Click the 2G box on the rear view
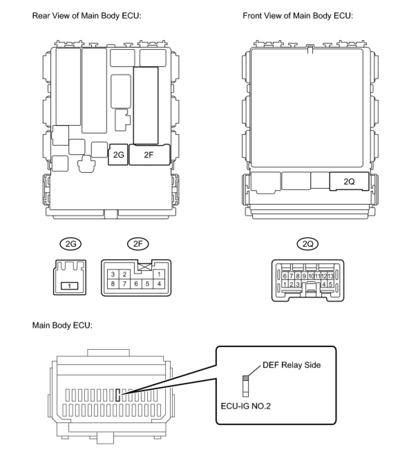[x=118, y=155]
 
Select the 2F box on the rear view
[x=149, y=155]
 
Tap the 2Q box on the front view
[x=349, y=181]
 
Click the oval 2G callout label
[x=70, y=244]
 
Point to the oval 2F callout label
[x=138, y=244]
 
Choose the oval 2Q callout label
[x=307, y=244]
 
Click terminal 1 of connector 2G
[x=70, y=286]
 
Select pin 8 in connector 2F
[x=113, y=284]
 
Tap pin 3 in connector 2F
[x=113, y=274]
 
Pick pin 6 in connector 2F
[x=136, y=284]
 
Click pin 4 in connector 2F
[x=159, y=284]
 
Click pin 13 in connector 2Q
[x=331, y=276]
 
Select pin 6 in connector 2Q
[x=285, y=276]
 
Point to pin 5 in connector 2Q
[x=330, y=284]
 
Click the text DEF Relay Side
[x=291, y=365]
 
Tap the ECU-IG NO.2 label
[x=246, y=406]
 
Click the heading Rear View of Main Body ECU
[x=87, y=16]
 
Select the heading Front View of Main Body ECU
[x=297, y=16]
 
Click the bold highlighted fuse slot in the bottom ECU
[x=118, y=395]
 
